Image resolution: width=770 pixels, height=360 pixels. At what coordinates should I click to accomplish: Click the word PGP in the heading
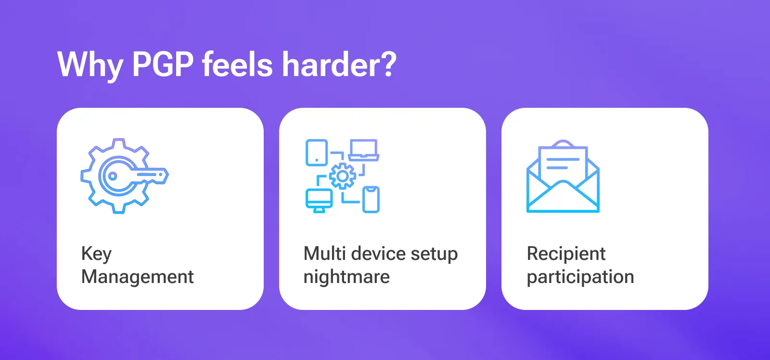[163, 64]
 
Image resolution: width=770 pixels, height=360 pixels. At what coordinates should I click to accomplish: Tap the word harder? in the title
[339, 64]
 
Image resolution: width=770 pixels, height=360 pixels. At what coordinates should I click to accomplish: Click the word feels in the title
[237, 64]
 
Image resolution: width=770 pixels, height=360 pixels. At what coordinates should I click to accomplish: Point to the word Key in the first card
[96, 254]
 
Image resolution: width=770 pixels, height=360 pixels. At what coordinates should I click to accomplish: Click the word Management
[138, 277]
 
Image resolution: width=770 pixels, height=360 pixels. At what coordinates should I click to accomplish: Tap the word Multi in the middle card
[324, 253]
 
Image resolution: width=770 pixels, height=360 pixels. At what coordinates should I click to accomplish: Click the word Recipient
[566, 254]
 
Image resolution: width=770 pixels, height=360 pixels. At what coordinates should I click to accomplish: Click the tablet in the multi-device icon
[317, 153]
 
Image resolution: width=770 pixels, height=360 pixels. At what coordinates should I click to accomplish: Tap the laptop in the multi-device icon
[364, 150]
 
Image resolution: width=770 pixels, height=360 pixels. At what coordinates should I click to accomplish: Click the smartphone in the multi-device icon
[371, 199]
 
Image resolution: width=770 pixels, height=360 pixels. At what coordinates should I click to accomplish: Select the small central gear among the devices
[342, 176]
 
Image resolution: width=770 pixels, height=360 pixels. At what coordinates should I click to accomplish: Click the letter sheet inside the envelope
[563, 161]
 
